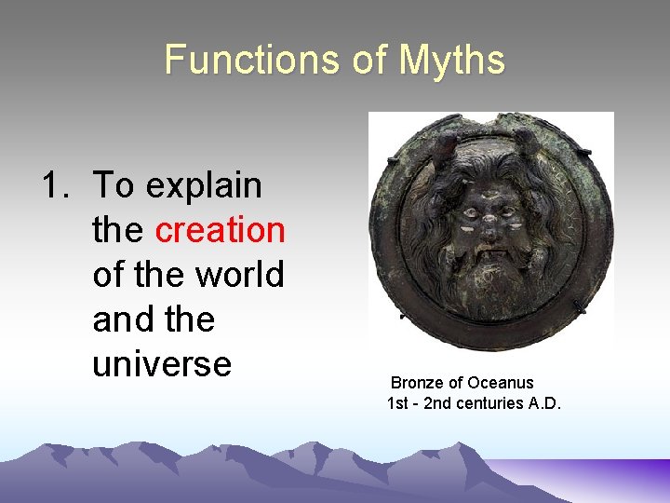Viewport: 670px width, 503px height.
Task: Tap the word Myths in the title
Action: [452, 61]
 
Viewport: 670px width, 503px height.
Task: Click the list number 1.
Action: [52, 185]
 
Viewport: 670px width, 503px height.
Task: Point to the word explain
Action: [204, 185]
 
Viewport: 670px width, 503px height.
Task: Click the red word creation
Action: [220, 230]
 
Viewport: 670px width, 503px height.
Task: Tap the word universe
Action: [162, 363]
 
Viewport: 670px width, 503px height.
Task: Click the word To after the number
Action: [114, 185]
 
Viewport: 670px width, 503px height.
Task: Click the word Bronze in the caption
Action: [415, 383]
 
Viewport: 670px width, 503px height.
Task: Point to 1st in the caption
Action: [398, 403]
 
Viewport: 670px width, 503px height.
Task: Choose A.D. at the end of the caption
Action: [543, 403]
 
